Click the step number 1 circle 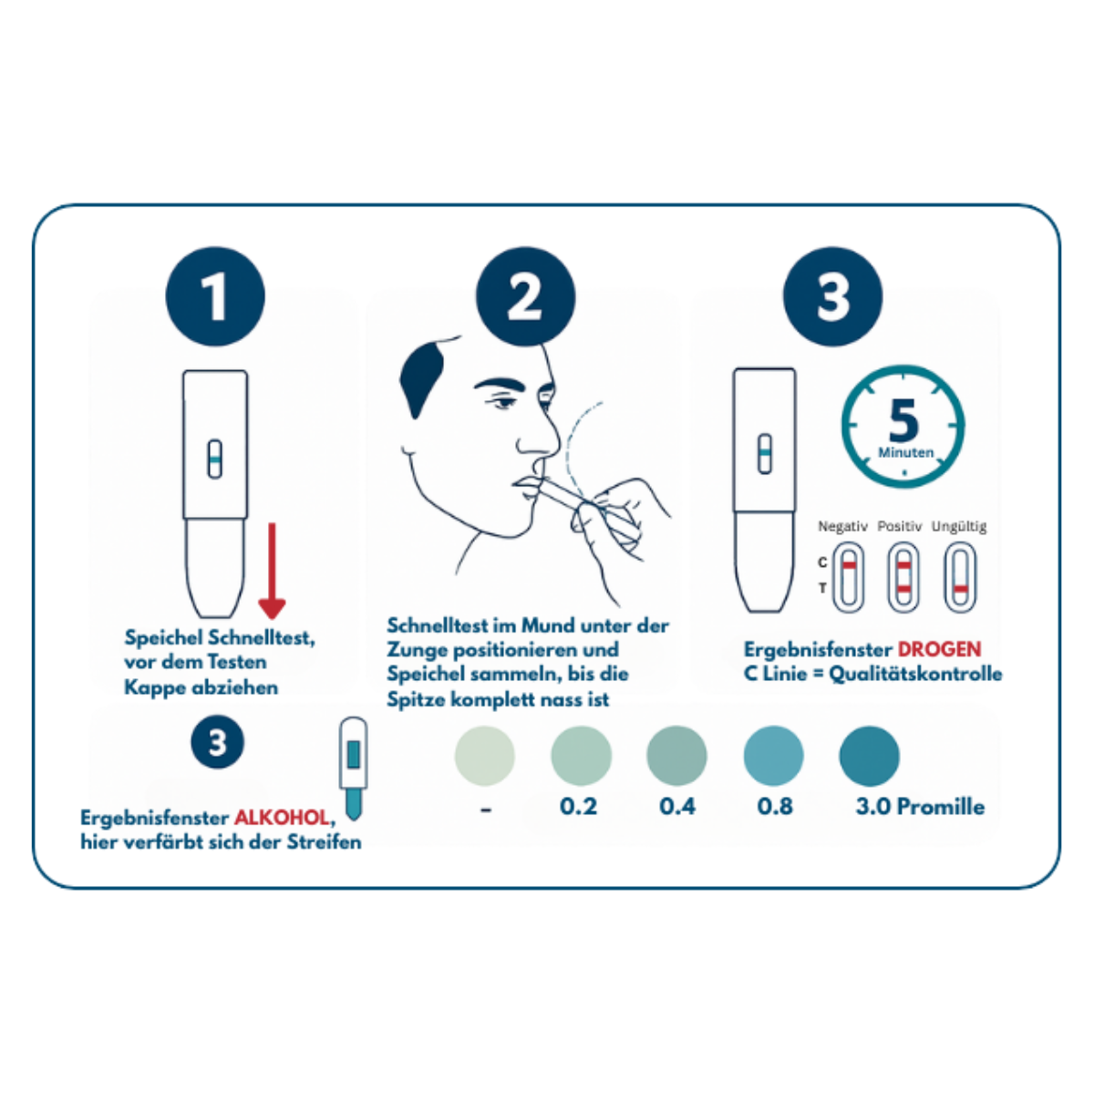215,296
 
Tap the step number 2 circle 525,296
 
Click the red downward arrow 272,571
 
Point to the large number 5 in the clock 903,420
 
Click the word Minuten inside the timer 905,452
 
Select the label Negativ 842,526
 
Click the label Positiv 899,526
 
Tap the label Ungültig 959,527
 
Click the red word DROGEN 940,649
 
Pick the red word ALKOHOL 282,818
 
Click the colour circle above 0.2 581,756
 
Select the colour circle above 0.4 676,756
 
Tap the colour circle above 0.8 773,756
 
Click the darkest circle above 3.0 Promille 869,756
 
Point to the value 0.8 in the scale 775,806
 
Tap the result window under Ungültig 960,577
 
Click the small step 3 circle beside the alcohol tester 218,741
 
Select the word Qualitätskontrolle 915,674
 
